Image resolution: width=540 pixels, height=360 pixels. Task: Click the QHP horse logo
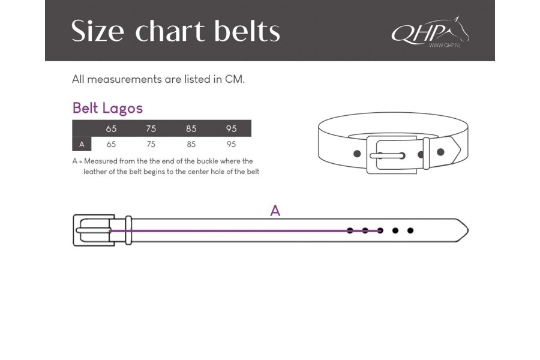click(430, 31)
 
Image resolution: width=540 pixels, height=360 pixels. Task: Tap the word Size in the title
click(97, 31)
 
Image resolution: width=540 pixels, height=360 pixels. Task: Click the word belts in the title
click(247, 31)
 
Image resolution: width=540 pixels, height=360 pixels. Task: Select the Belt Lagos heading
click(107, 108)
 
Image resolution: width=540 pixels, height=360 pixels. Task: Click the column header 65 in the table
click(111, 128)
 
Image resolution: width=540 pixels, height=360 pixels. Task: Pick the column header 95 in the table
click(232, 128)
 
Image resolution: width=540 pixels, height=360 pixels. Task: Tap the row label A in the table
click(82, 145)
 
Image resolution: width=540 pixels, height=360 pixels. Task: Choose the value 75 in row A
click(151, 144)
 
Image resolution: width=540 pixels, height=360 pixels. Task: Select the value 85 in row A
click(191, 144)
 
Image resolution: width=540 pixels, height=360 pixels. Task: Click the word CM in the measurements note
click(234, 79)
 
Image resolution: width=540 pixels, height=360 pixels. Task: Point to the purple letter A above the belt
click(275, 211)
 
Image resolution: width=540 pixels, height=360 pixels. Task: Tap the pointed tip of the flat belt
click(468, 230)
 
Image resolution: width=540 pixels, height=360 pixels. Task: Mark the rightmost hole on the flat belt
click(410, 230)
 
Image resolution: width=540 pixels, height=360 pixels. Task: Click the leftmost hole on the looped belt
click(357, 154)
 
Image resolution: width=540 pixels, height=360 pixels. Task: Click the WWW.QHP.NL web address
click(445, 45)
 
